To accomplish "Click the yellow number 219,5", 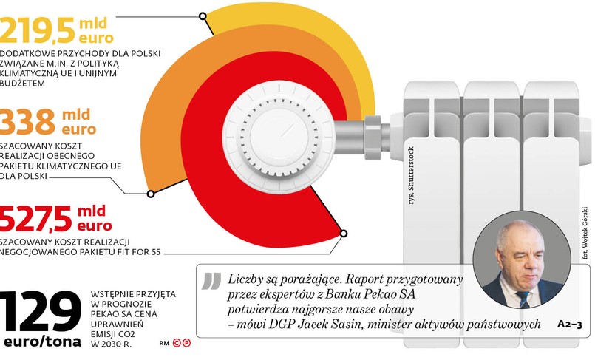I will [37, 30].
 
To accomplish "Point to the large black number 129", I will [41, 311].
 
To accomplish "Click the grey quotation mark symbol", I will [211, 282].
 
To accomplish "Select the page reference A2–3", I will [569, 324].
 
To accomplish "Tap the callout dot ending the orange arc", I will [151, 194].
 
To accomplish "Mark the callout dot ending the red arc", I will [344, 234].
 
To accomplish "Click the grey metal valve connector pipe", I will [361, 132].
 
